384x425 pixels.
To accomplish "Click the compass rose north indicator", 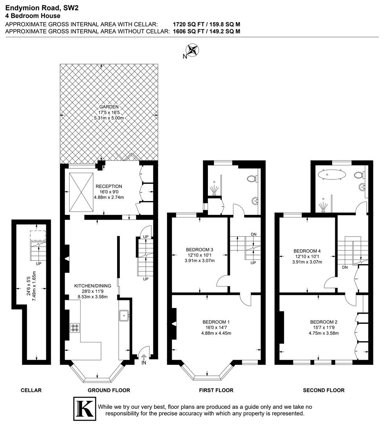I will pyautogui.click(x=192, y=50).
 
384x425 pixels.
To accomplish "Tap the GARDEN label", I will pyautogui.click(x=109, y=107).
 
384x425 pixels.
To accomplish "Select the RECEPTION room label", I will pyautogui.click(x=109, y=186).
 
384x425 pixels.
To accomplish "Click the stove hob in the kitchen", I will pyautogui.click(x=75, y=327).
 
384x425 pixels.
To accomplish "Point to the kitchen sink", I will pyautogui.click(x=125, y=315).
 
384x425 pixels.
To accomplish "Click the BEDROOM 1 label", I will pyautogui.click(x=216, y=321).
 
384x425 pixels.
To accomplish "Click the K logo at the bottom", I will pyautogui.click(x=85, y=409).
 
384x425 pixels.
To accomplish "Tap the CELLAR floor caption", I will pyautogui.click(x=31, y=390).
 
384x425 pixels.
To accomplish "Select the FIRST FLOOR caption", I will pyautogui.click(x=216, y=390).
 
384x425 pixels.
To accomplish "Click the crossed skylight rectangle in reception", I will pyautogui.click(x=82, y=192).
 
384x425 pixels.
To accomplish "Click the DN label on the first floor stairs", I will pyautogui.click(x=254, y=235).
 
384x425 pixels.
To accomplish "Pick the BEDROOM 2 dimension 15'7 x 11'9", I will pyautogui.click(x=323, y=327).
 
